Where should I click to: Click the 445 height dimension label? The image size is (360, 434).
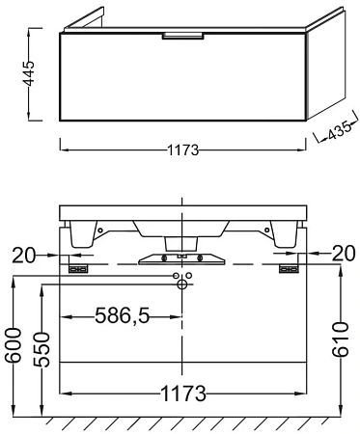coord(30,73)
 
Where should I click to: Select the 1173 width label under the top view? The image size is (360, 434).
coord(183,150)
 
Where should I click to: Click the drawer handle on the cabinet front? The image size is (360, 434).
coord(183,36)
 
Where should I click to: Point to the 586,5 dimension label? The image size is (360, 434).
coord(123,315)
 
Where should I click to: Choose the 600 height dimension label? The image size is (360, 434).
coord(14,345)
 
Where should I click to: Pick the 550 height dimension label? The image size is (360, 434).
coord(42,350)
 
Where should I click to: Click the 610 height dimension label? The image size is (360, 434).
coord(341,339)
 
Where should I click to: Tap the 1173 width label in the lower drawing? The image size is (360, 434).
coord(183,393)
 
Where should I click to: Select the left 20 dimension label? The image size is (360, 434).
coord(23,255)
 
